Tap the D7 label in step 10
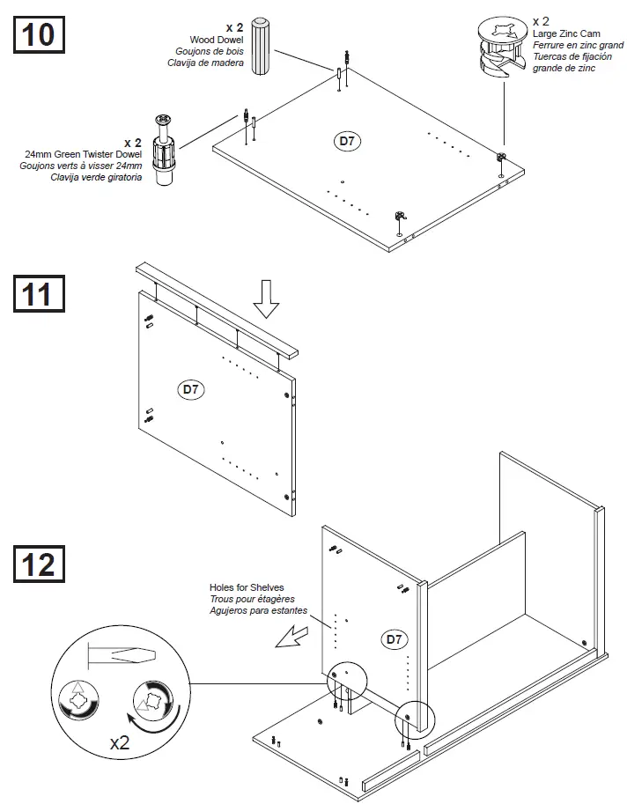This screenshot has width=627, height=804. pos(350,140)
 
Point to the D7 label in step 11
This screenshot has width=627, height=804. pos(191,387)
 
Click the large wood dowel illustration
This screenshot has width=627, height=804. pos(261,46)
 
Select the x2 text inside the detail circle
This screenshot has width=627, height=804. pos(120,742)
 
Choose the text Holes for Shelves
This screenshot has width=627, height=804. pos(247,587)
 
